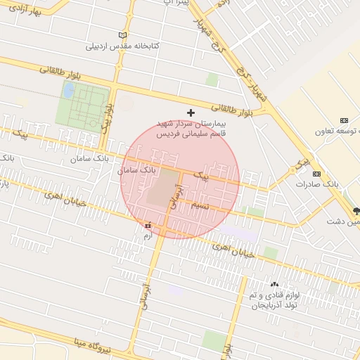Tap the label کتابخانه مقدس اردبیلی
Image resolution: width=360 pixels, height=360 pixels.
tap(123, 46)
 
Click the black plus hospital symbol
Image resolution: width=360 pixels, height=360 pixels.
tap(190, 112)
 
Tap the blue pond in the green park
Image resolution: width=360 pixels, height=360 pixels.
tap(69, 91)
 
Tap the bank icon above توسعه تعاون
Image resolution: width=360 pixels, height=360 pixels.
tap(344, 121)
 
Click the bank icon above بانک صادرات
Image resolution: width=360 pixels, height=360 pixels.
tap(316, 174)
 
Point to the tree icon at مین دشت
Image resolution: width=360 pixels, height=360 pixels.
tap(356, 210)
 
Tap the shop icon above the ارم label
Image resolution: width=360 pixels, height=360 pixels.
tap(148, 226)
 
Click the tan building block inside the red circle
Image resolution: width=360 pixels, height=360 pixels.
tap(162, 188)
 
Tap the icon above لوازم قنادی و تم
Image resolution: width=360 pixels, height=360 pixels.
tap(274, 283)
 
